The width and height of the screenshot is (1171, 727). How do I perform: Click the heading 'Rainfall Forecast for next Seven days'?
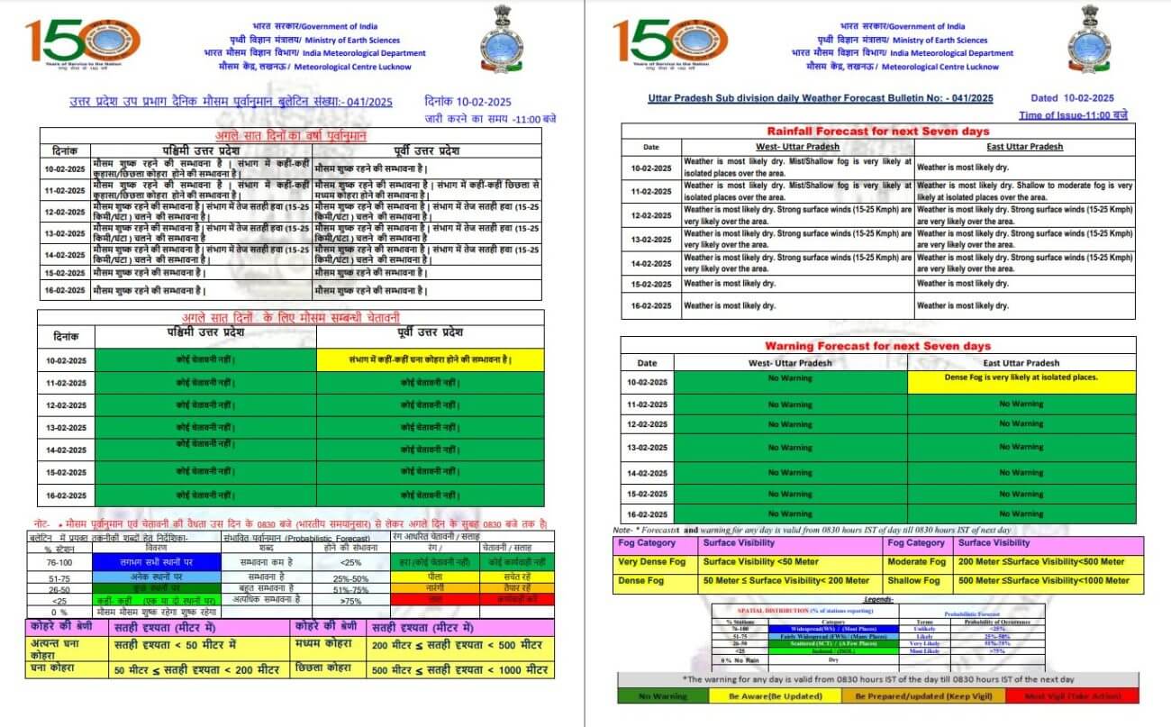(877, 132)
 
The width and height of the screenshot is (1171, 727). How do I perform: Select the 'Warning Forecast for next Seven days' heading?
(877, 346)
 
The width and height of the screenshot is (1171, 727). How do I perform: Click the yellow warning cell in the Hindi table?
(431, 360)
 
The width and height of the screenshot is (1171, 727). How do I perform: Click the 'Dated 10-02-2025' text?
(1073, 98)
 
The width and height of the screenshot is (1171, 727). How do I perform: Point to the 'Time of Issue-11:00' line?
(1073, 115)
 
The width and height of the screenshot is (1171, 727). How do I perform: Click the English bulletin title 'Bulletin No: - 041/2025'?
(821, 98)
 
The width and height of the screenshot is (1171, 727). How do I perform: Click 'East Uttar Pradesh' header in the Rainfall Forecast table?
(1024, 146)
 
